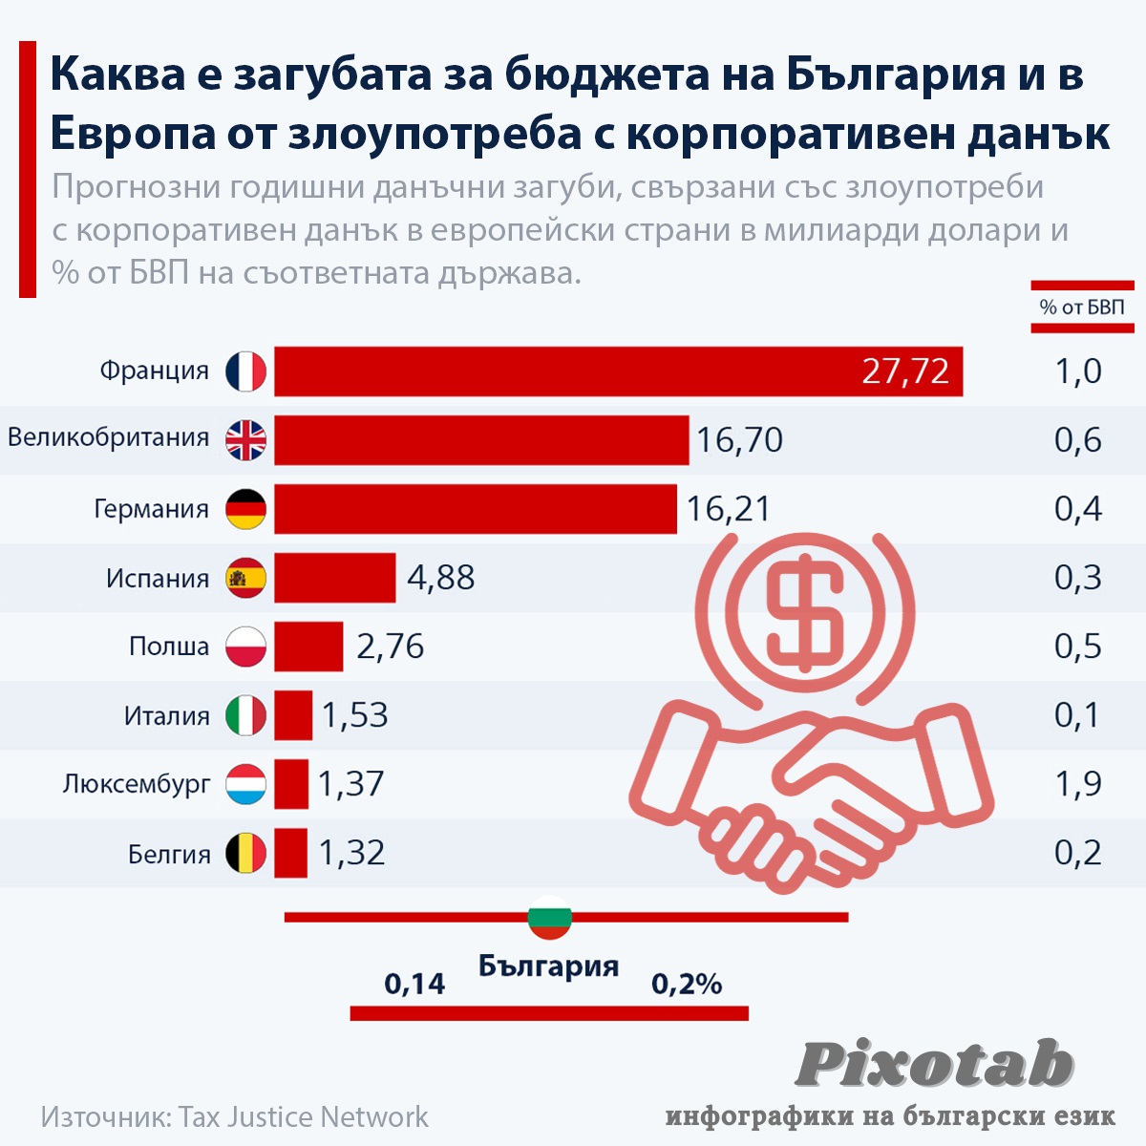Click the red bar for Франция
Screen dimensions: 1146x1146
[x=573, y=371]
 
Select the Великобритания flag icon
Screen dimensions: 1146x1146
[x=246, y=440]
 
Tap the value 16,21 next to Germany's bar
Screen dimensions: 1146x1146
[x=728, y=509]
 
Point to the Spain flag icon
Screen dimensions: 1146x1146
[x=246, y=578]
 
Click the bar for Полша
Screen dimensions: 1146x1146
[x=308, y=647]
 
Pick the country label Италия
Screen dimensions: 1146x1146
[x=167, y=715]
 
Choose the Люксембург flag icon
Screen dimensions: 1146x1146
[x=246, y=784]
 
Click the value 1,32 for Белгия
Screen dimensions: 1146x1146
[x=351, y=853]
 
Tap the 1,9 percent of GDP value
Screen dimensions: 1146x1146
[x=1077, y=784]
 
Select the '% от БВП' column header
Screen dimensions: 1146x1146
[x=1082, y=308]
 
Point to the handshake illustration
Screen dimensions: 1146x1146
[x=812, y=793]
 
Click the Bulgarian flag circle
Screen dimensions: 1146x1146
[x=549, y=918]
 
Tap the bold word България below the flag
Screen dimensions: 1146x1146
[x=548, y=966]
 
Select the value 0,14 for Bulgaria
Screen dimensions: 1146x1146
[x=414, y=984]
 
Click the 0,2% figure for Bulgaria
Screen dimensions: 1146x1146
[x=686, y=984]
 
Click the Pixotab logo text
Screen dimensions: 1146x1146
[x=934, y=1064]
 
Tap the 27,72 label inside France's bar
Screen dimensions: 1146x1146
[x=905, y=371]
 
